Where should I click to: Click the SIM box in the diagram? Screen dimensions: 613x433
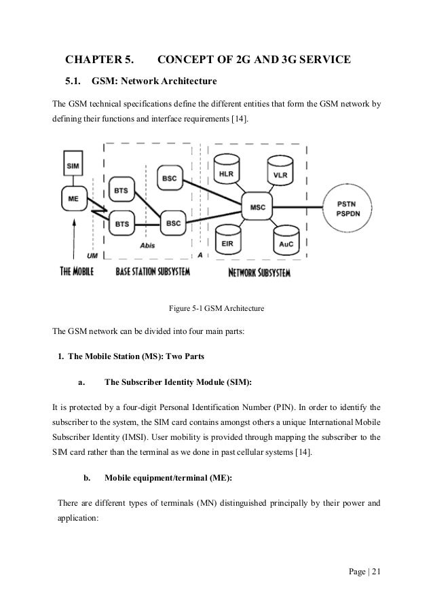click(73, 166)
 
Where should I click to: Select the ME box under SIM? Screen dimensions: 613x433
click(73, 199)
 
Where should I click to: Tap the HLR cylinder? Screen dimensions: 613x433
click(225, 173)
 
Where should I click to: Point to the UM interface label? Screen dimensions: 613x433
click(93, 256)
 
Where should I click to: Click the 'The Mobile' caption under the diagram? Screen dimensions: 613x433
click(77, 272)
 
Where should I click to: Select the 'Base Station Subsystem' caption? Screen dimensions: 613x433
click(153, 272)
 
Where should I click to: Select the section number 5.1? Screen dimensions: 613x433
click(73, 83)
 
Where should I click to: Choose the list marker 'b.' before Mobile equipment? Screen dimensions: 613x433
click(87, 478)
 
